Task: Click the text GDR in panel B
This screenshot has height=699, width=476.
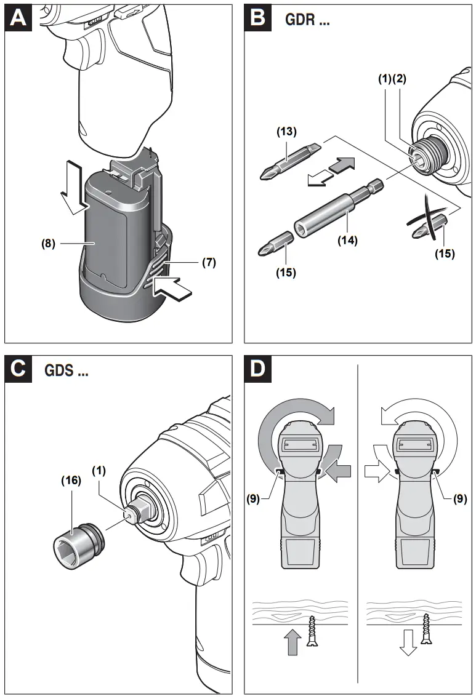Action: point(307,20)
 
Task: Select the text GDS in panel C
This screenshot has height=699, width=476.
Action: point(67,371)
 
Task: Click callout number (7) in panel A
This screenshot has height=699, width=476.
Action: point(209,262)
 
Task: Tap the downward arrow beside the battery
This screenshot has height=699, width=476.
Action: point(72,185)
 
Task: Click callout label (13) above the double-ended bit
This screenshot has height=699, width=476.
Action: point(286,131)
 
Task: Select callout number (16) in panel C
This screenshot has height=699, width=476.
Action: point(71,481)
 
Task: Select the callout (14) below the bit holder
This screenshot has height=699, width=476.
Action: point(347,240)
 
